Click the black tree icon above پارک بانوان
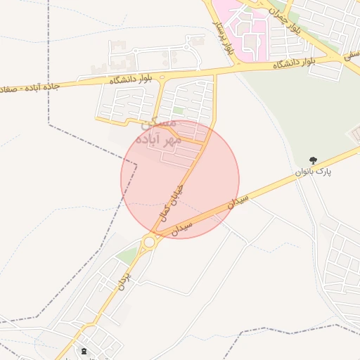tap(314, 161)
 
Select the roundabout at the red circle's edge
tap(149, 242)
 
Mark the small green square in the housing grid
tap(179, 110)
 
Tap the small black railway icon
tap(84, 350)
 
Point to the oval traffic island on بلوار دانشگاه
tap(162, 77)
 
